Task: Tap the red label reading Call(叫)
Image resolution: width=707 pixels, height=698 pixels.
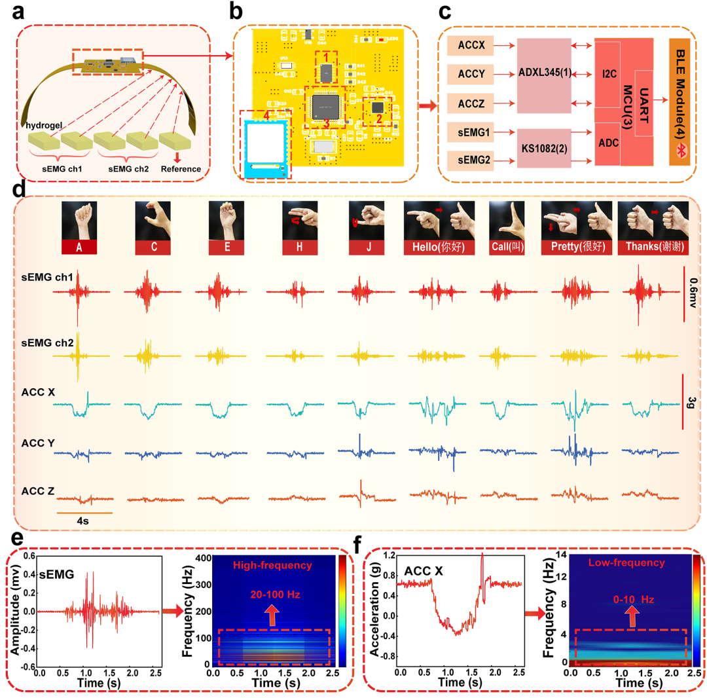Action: tap(506, 248)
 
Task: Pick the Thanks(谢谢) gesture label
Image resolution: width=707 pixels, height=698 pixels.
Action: tap(653, 248)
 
